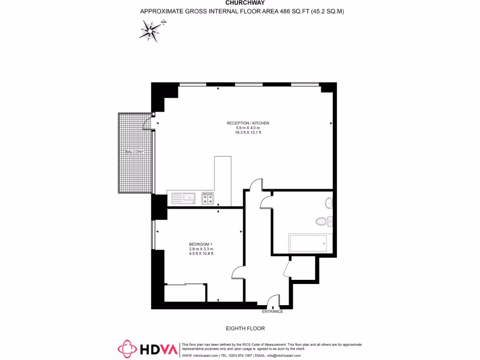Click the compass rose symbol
[151, 30]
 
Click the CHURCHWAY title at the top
[242, 2]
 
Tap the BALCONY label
[134, 152]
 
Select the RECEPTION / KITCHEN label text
[248, 123]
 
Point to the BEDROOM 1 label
[201, 244]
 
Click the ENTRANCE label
[273, 311]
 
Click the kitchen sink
[183, 198]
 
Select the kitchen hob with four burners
[208, 198]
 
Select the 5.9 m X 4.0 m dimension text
[248, 128]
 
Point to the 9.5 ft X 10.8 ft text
[201, 254]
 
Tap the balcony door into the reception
[148, 123]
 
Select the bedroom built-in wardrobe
[185, 293]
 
